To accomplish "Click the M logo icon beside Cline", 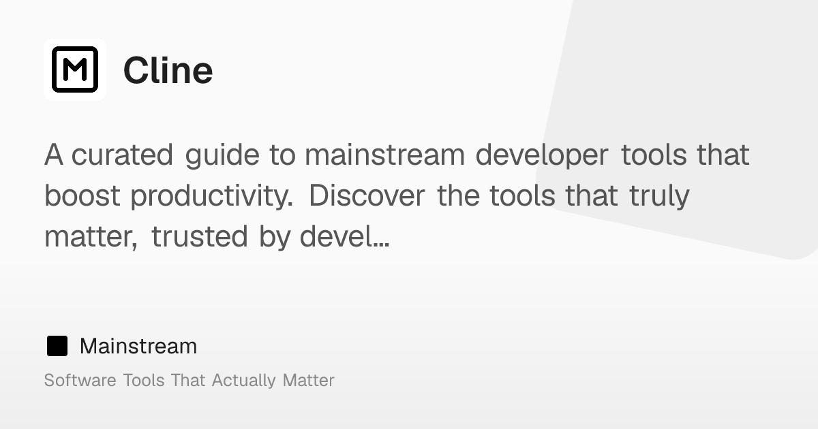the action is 75,69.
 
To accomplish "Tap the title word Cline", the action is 168,70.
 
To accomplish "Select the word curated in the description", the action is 122,155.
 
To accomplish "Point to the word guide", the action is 222,155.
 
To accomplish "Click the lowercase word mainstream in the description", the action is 385,155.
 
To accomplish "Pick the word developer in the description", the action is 542,155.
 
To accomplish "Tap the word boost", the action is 82,195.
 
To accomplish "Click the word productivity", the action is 212,196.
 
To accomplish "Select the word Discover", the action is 367,195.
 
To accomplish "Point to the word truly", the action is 659,196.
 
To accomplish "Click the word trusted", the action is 199,236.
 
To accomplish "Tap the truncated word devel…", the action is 344,236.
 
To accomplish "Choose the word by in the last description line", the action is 275,237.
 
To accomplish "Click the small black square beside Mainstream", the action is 57,346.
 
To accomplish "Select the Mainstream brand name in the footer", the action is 138,346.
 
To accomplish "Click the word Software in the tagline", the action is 80,380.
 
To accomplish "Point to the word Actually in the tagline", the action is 243,381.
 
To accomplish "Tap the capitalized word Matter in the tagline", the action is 309,380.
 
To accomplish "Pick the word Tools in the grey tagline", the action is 144,380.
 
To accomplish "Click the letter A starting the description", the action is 54,155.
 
